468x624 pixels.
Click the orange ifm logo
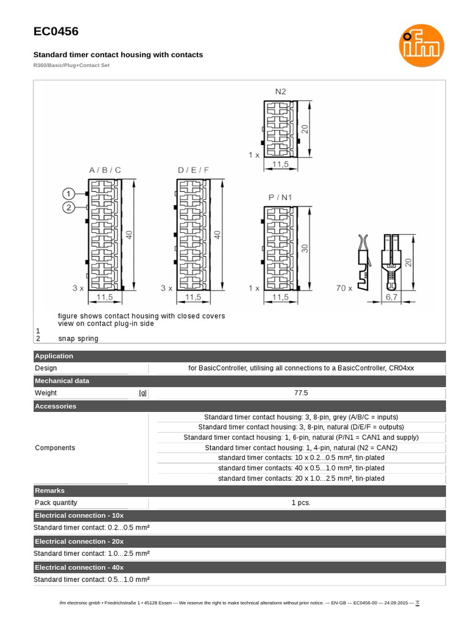coord(421,45)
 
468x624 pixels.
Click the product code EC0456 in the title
coord(55,32)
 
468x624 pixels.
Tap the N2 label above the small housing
coord(280,91)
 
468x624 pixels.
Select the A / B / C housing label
coord(105,170)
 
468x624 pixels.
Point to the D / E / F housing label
coord(193,170)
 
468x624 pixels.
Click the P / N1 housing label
coord(280,197)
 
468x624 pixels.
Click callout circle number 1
coord(70,193)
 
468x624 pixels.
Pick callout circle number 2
coord(70,208)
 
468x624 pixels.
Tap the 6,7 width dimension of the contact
coord(391,297)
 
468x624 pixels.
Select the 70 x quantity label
coord(344,288)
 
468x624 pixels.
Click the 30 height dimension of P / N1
coord(305,248)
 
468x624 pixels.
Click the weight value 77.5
coord(301,393)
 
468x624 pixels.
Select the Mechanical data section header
coord(62,381)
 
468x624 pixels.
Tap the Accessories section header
coord(55,406)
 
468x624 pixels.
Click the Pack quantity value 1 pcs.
coord(301,503)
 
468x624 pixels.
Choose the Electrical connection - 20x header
coord(79,541)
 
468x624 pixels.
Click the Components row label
coord(55,448)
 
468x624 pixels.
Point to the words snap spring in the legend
coord(78,339)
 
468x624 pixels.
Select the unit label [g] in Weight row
coord(143,393)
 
